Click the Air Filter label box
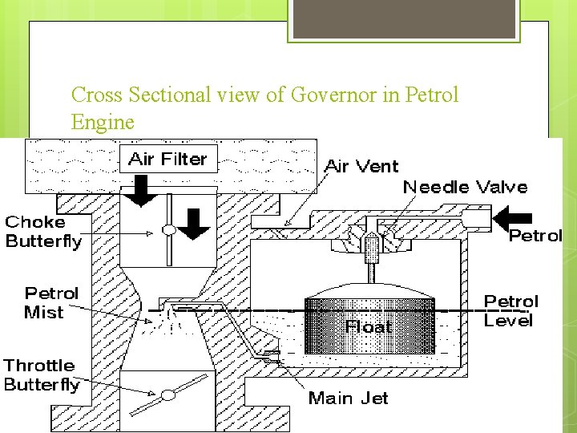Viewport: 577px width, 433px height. (x=167, y=160)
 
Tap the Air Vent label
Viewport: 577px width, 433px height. (x=361, y=167)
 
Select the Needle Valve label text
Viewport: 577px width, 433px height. (x=465, y=188)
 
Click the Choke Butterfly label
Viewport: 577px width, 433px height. (x=43, y=231)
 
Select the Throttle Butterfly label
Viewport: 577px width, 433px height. (x=42, y=374)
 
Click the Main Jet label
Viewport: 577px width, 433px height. (x=349, y=398)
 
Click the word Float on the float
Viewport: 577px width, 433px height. (x=369, y=326)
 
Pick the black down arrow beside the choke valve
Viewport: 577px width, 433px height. (x=193, y=224)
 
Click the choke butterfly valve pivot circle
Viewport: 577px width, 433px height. (x=168, y=231)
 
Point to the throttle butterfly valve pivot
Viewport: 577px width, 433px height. (x=168, y=395)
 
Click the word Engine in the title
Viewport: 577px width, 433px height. (x=103, y=123)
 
